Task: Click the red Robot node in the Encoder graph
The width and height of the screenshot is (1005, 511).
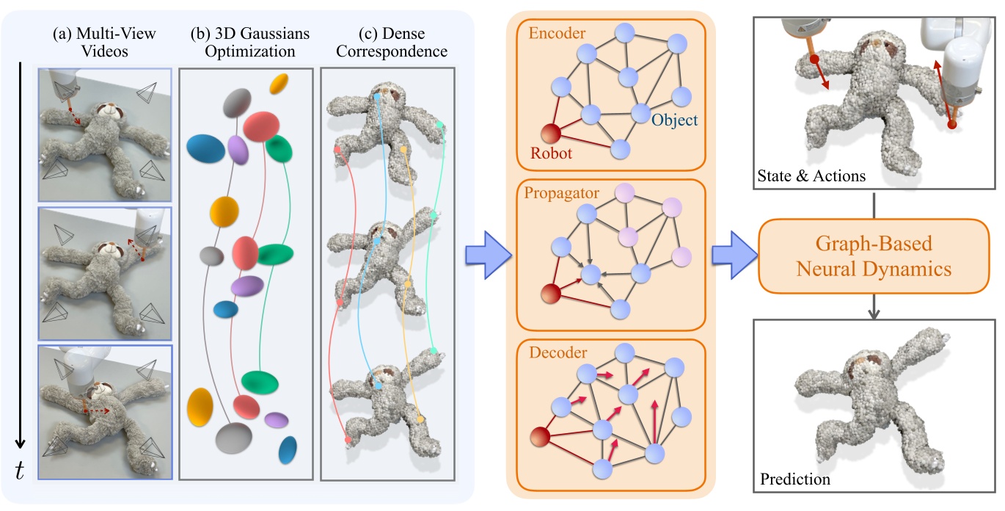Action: tap(551, 134)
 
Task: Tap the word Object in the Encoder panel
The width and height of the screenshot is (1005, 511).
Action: tap(674, 120)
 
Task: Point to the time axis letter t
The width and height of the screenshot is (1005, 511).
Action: tap(20, 472)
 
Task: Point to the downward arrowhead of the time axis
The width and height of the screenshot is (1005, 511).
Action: tap(21, 444)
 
